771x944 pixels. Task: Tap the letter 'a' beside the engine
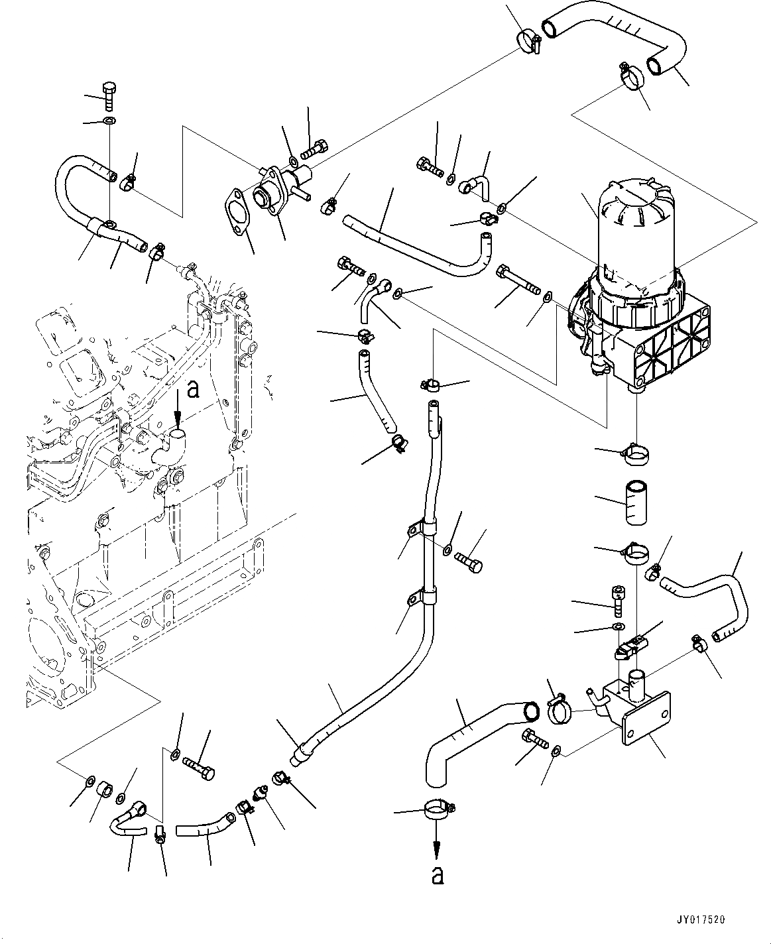tap(193, 390)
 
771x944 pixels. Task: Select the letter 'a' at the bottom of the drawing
tap(436, 876)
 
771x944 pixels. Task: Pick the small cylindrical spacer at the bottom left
tap(105, 791)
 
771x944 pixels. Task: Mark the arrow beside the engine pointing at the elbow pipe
tap(178, 416)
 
